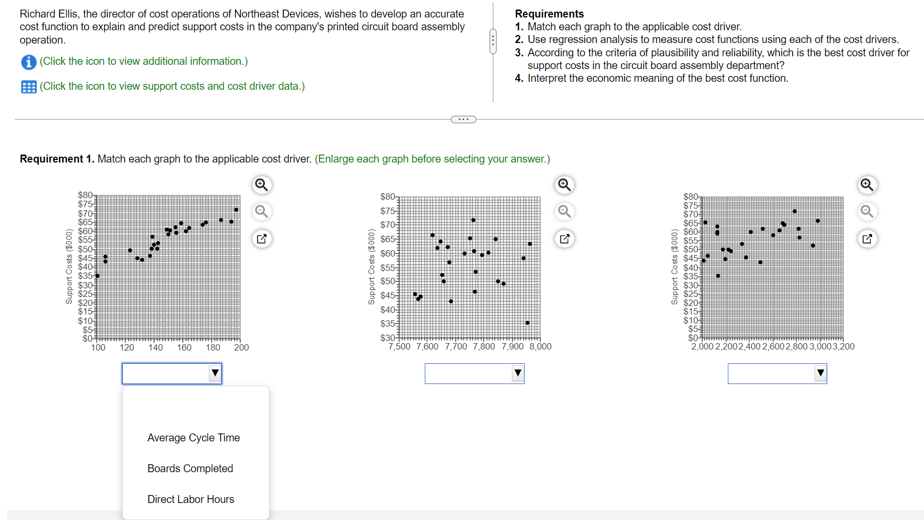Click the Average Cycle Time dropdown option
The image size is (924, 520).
point(194,438)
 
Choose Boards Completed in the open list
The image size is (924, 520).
point(190,468)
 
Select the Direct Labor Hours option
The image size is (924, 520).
point(190,499)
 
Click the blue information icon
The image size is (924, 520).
point(29,62)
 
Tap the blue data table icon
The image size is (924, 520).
point(29,87)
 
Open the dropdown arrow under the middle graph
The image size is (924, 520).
point(517,373)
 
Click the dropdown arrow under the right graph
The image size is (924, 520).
point(820,373)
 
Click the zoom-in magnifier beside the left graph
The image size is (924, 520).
point(261,185)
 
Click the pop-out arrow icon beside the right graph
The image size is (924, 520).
point(867,239)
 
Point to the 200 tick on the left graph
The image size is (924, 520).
point(241,347)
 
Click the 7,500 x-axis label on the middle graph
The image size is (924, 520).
point(399,347)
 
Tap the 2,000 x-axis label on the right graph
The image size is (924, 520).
point(702,347)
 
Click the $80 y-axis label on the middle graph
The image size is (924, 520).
point(388,197)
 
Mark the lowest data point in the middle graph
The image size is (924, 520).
point(527,323)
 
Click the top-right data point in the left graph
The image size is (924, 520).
point(236,210)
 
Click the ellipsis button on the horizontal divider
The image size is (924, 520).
point(463,120)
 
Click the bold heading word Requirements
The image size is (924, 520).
point(549,14)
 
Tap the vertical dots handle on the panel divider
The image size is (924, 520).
point(493,41)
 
